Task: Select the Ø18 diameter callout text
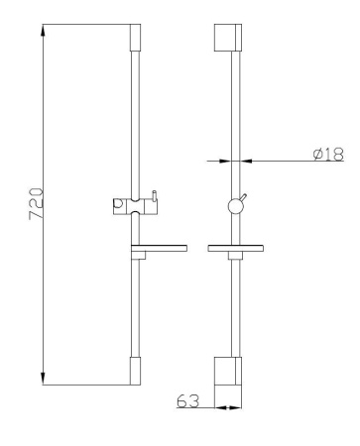tap(329, 154)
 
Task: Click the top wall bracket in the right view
tap(231, 38)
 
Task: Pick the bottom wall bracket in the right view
tap(231, 371)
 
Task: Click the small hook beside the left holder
tap(154, 199)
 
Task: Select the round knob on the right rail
tap(236, 206)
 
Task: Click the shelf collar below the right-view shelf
tap(236, 257)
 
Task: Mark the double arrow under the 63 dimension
tap(231, 406)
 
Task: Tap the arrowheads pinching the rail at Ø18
tap(236, 163)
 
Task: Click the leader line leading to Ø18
tap(288, 163)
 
